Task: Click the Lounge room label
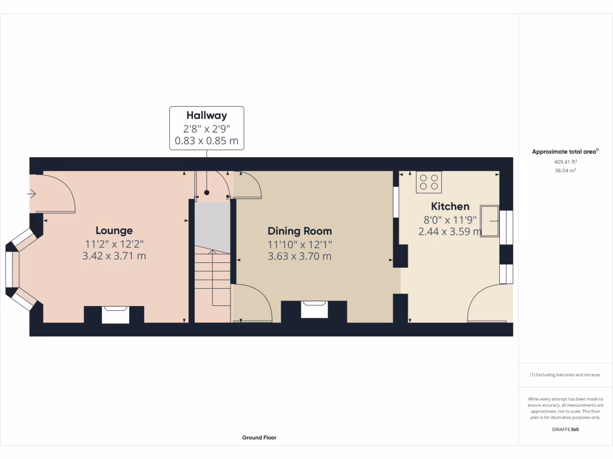point(114,231)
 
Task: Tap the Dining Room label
point(299,231)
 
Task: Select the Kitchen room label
point(450,207)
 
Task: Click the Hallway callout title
point(207,115)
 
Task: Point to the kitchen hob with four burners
point(429,182)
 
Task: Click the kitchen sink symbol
point(490,221)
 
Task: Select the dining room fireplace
point(314,310)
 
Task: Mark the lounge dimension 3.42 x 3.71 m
point(114,256)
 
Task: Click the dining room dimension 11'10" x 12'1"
point(299,244)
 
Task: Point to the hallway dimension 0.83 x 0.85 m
point(207,142)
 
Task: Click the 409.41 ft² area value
point(565,162)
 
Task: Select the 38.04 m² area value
point(565,170)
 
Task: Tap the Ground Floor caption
point(259,437)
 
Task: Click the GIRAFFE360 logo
point(565,429)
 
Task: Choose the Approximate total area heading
point(565,152)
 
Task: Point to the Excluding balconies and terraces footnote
point(565,375)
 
